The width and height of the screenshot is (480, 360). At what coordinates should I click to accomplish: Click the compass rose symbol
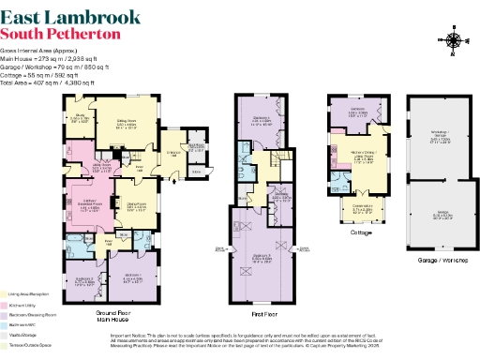(x=455, y=40)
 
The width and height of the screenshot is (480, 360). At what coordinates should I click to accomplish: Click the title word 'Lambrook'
(x=100, y=16)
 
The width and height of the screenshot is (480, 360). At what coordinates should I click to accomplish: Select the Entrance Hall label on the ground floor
(x=172, y=153)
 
